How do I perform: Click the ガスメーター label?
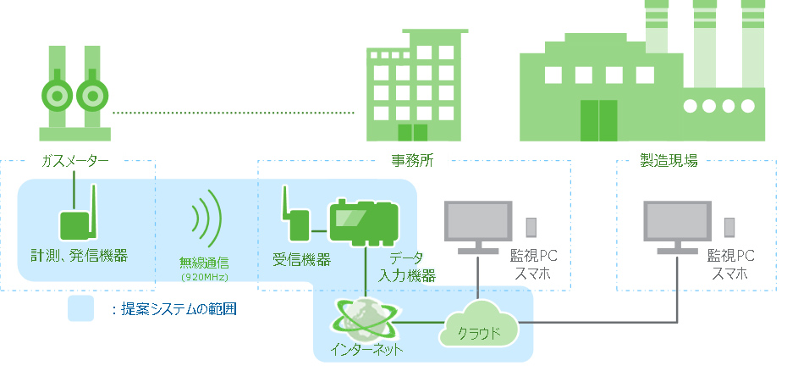click(75, 160)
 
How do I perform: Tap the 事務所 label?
click(412, 160)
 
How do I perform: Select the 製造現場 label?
click(669, 160)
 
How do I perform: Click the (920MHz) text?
click(204, 277)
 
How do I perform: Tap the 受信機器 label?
click(301, 259)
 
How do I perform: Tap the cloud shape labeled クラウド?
click(478, 326)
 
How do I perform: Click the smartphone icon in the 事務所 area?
click(531, 227)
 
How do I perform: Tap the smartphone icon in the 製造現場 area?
click(729, 227)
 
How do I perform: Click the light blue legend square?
click(81, 309)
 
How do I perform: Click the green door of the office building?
click(413, 132)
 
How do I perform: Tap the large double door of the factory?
click(599, 119)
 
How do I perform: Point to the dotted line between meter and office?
click(233, 112)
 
